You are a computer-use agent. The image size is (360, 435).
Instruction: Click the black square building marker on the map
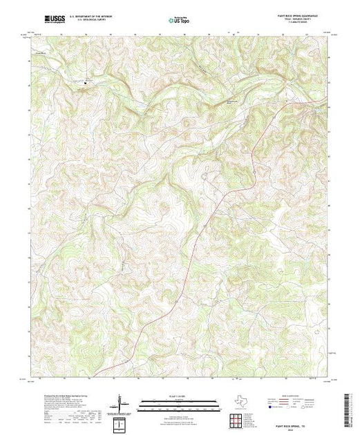click(87, 84)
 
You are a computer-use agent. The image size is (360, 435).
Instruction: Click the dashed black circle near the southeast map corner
click(317, 331)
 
